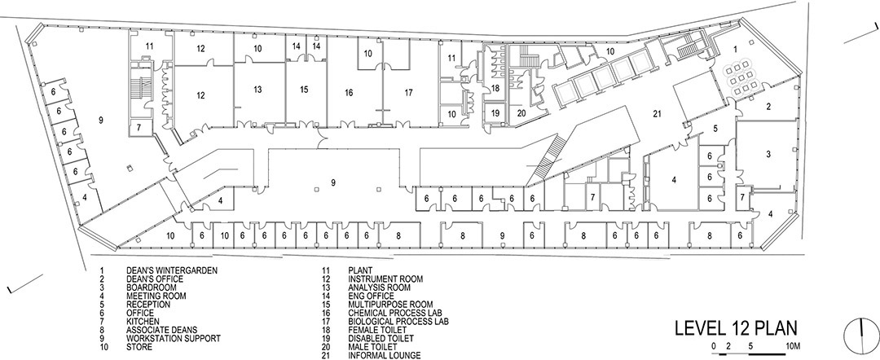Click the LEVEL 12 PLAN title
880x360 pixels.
pos(736,328)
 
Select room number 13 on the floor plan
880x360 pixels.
pos(257,90)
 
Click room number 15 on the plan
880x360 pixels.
pos(304,90)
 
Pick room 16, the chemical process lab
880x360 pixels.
pos(349,93)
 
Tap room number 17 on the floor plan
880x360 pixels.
pos(408,93)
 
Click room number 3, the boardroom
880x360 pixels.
pos(768,154)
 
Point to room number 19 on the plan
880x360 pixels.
pos(495,112)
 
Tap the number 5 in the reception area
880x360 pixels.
pos(715,129)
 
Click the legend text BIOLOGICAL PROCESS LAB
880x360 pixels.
pos(398,322)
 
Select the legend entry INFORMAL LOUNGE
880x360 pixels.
pos(385,355)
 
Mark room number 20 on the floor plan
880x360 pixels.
pos(521,112)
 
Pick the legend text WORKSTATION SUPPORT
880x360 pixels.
pos(174,339)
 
